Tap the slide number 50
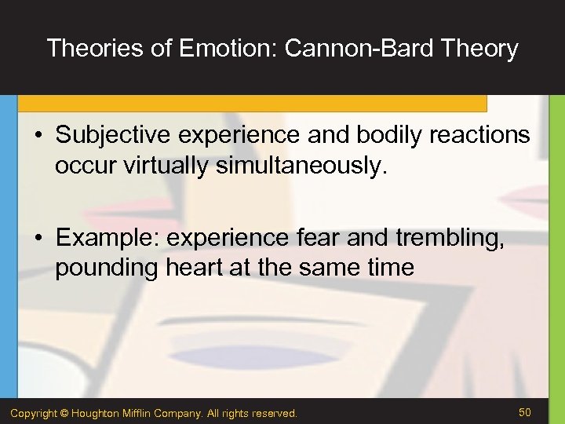tap(524, 412)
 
